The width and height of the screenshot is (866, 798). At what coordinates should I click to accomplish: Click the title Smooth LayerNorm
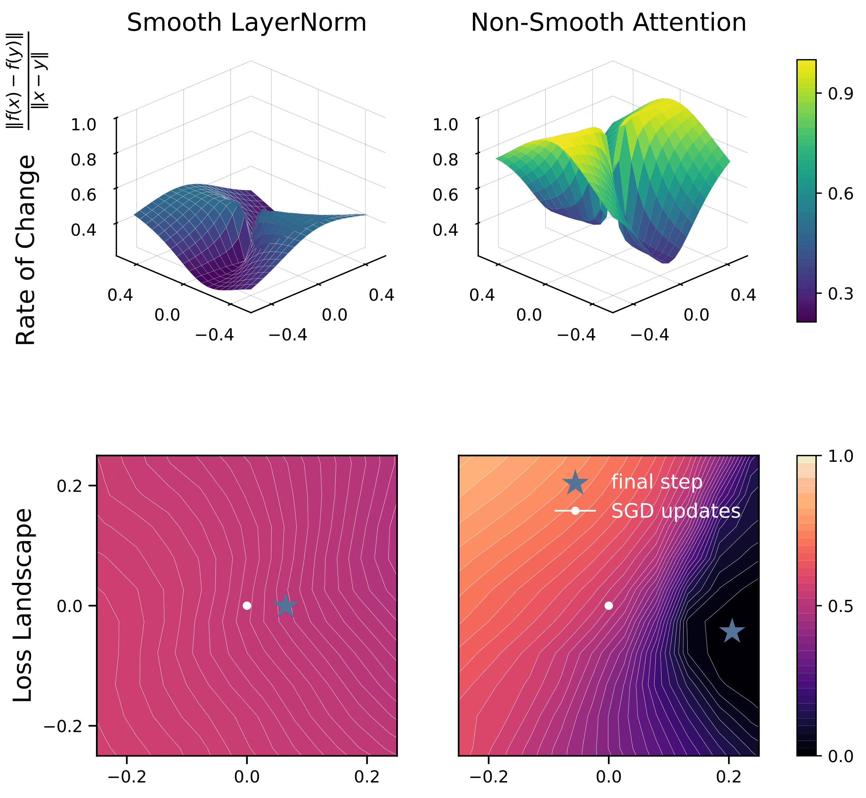click(x=246, y=22)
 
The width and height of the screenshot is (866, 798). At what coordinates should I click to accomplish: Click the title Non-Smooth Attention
click(x=608, y=22)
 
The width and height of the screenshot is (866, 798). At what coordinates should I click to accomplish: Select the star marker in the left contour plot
click(x=285, y=606)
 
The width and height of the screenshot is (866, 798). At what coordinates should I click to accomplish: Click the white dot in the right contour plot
click(x=609, y=606)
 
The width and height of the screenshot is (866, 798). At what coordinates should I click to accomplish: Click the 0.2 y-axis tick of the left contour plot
click(x=70, y=486)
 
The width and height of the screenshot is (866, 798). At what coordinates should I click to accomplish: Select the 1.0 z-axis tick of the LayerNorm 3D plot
click(x=84, y=125)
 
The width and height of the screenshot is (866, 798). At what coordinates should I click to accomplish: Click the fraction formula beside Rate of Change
click(x=27, y=81)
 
